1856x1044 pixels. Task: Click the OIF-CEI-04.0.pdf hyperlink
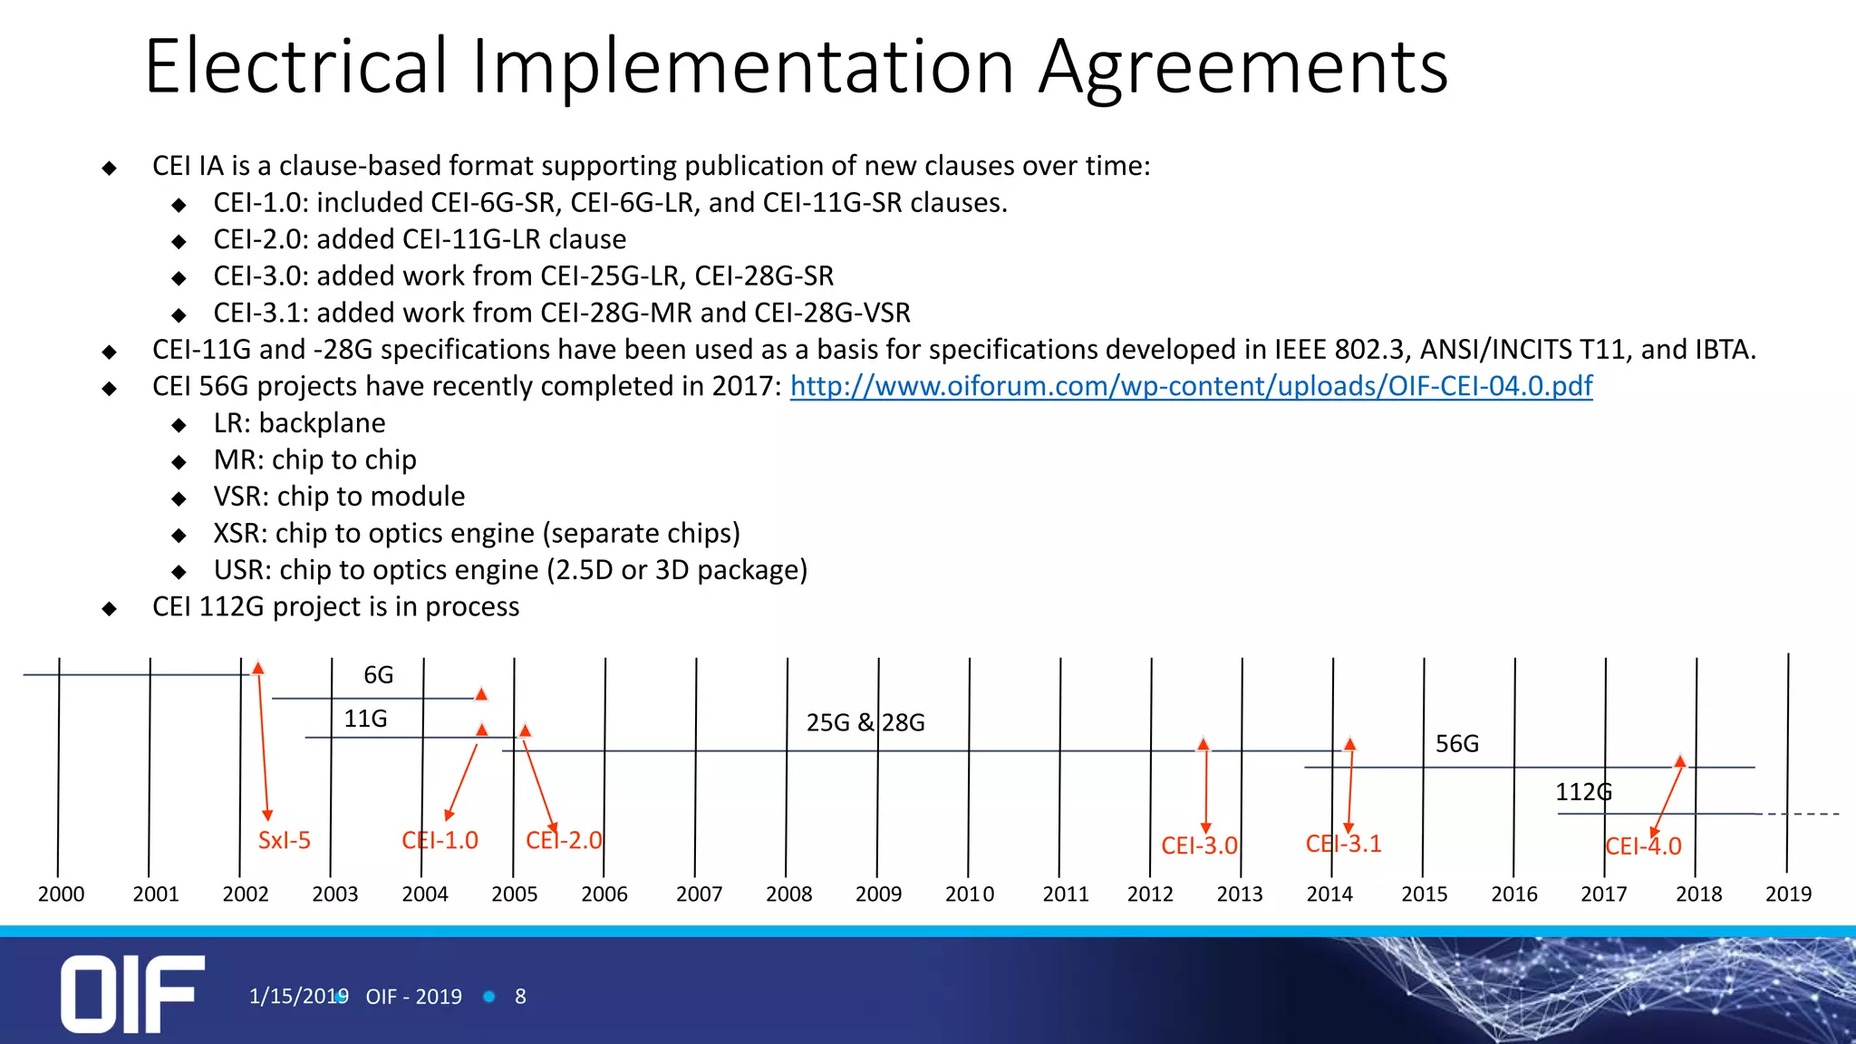click(x=1191, y=386)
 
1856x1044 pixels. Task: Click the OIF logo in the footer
click(x=132, y=993)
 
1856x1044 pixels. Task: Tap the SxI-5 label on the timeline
click(x=284, y=840)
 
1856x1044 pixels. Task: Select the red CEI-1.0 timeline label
click(x=440, y=840)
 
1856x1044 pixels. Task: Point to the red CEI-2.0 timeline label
click(x=564, y=840)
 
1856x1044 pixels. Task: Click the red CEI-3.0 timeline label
click(x=1199, y=846)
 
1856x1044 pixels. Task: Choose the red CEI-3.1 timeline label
click(x=1343, y=844)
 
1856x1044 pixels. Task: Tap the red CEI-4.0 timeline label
click(x=1643, y=846)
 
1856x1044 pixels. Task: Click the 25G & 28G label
click(x=865, y=722)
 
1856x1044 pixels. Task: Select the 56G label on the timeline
click(x=1456, y=744)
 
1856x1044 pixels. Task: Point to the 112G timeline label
click(x=1583, y=792)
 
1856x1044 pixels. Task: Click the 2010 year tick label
click(x=970, y=894)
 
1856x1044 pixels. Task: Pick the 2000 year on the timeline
click(x=61, y=894)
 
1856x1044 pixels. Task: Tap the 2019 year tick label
click(x=1788, y=894)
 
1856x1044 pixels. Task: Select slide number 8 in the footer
click(x=520, y=997)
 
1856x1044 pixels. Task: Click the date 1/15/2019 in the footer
click(x=298, y=997)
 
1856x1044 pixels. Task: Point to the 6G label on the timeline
click(x=378, y=675)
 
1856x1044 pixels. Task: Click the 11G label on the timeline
click(x=365, y=719)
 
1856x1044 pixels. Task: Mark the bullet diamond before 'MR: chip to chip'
click(x=179, y=462)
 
